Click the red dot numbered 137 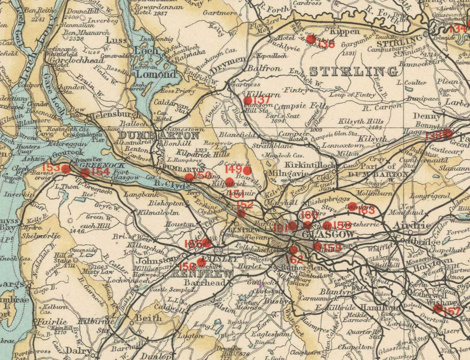(x=248, y=100)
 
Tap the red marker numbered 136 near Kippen (x=311, y=39)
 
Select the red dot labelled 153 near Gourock (x=66, y=169)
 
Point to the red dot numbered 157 (x=438, y=309)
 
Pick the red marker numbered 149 (x=248, y=170)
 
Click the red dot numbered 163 (x=352, y=206)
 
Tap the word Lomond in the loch (x=158, y=74)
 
